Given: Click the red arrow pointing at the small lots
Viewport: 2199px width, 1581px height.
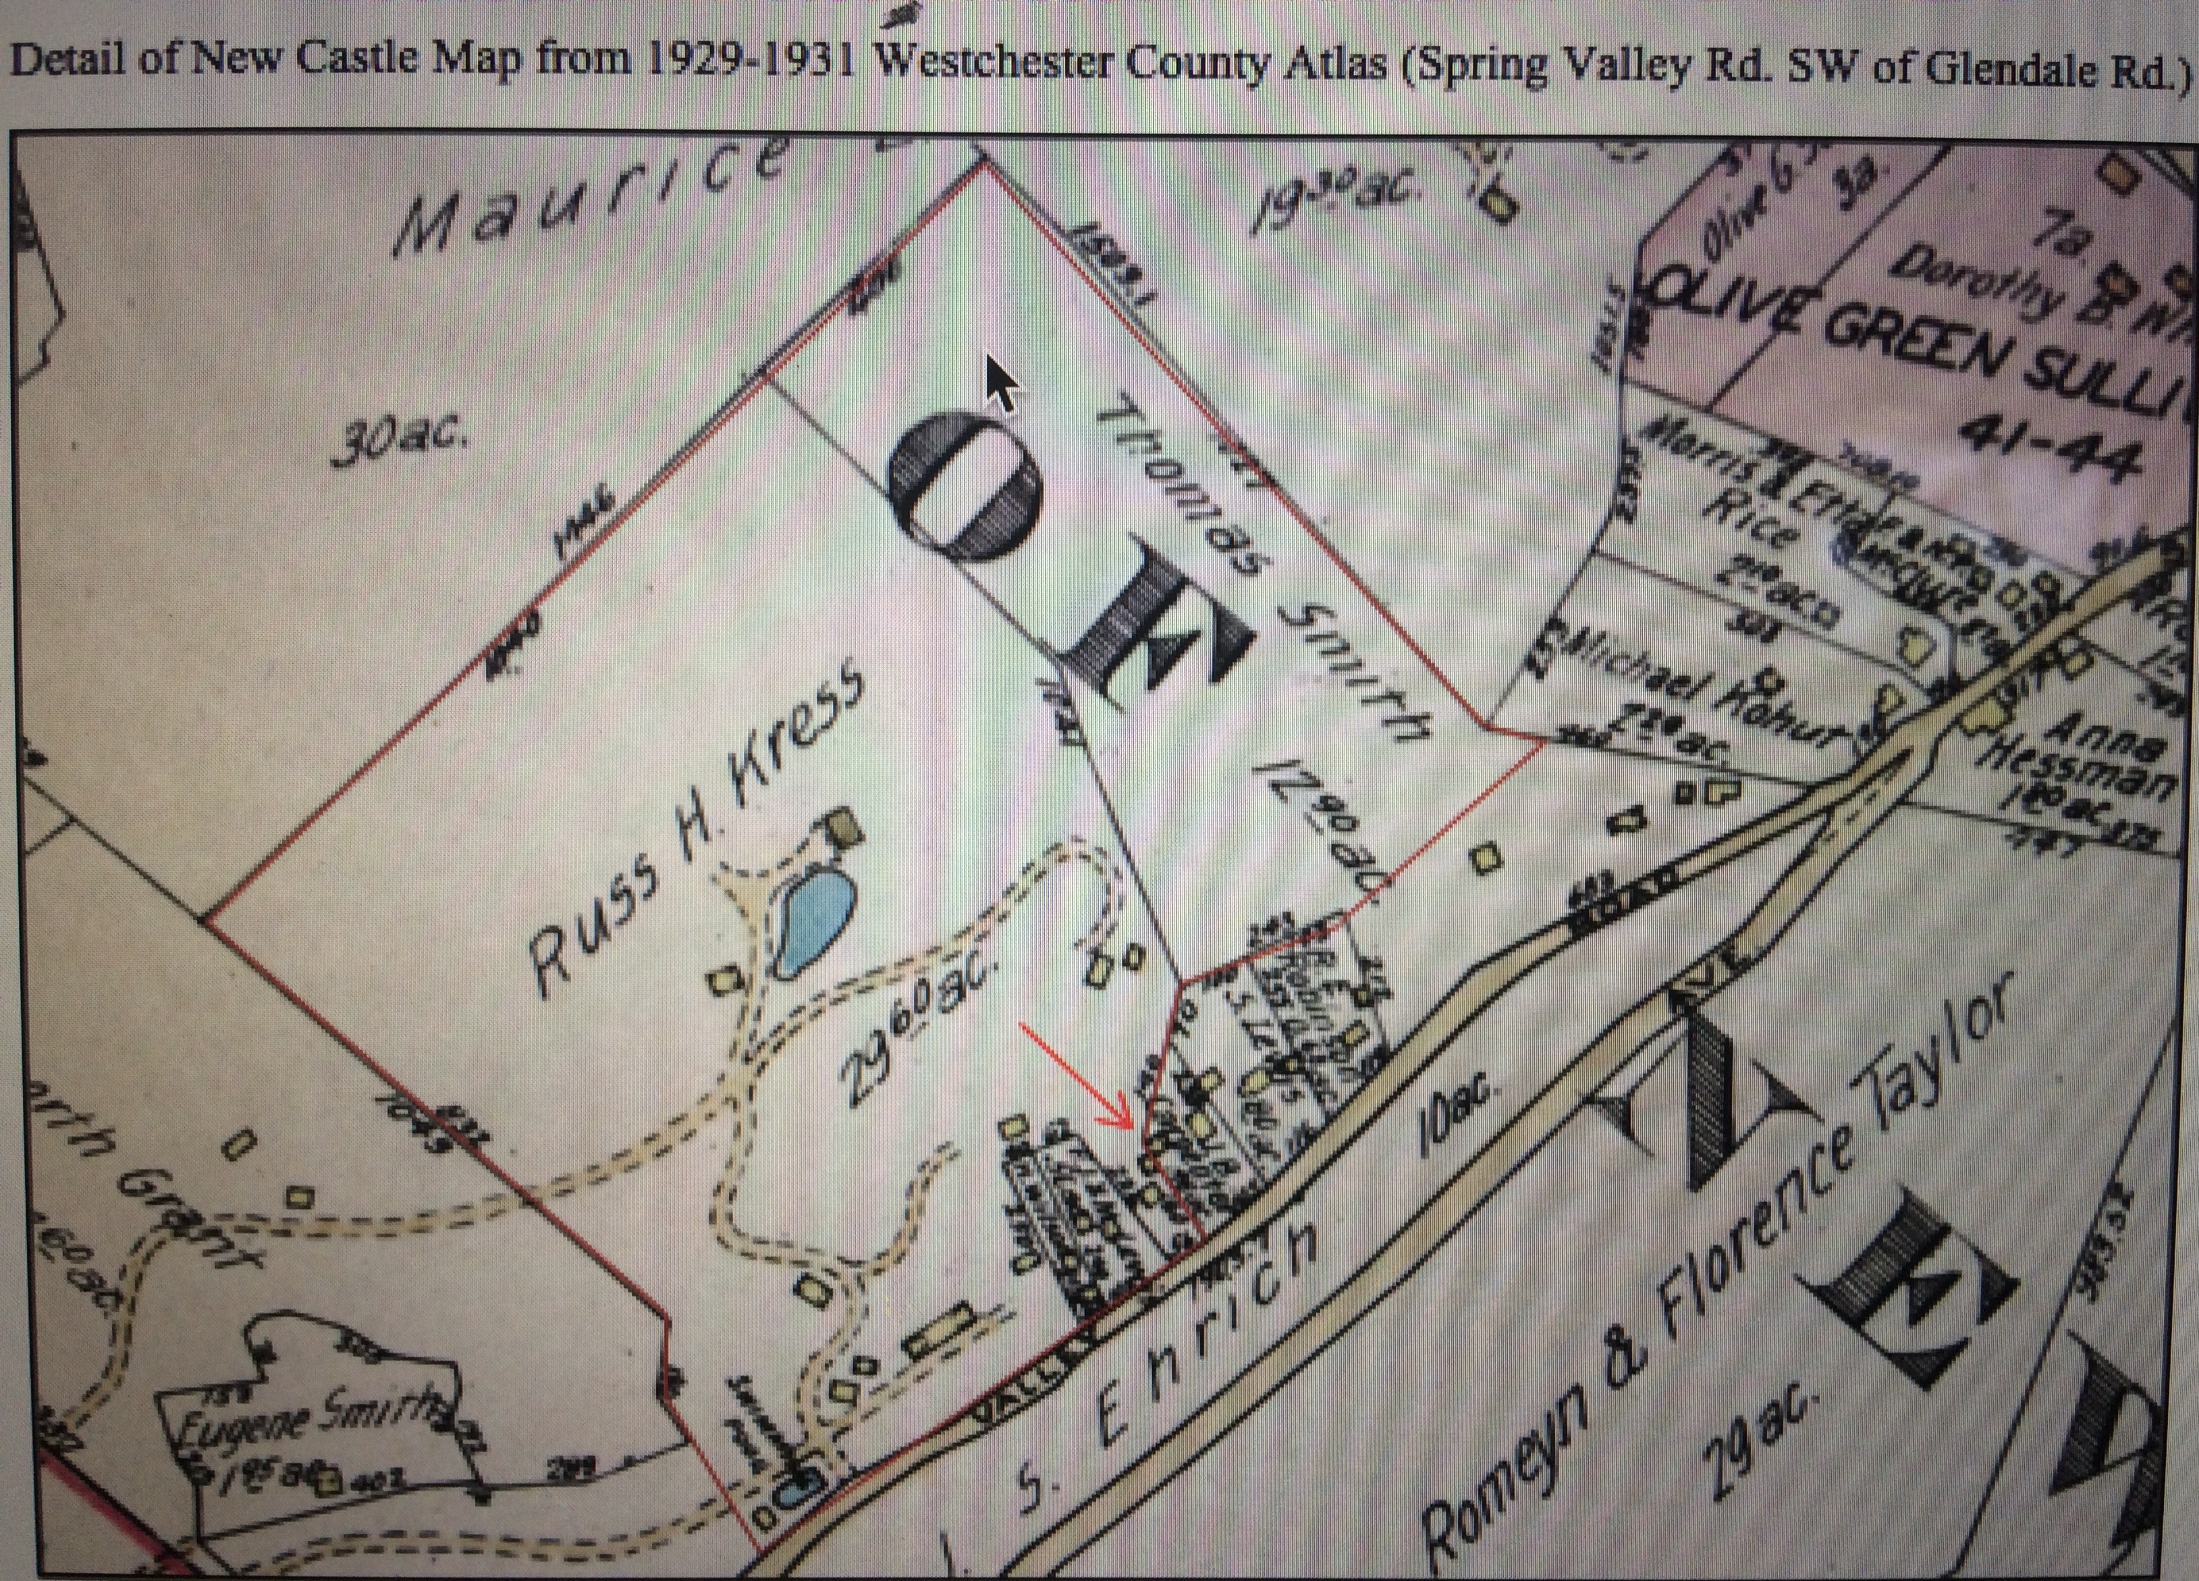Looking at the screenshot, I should [1077, 1076].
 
